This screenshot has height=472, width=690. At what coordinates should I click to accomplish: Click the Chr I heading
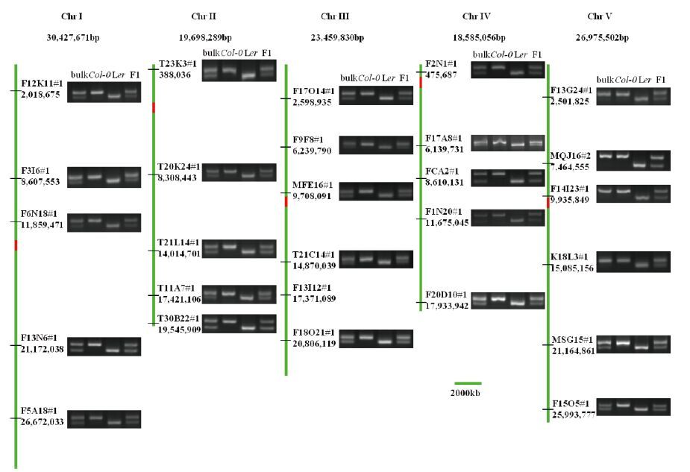[x=72, y=16]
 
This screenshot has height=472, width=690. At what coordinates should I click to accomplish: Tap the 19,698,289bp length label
[x=205, y=37]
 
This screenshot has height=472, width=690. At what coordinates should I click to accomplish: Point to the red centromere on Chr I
[x=16, y=245]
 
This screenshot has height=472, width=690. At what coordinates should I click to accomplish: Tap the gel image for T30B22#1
[x=239, y=324]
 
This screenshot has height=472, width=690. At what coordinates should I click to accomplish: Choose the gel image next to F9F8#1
[x=376, y=145]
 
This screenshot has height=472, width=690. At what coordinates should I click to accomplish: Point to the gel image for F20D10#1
[x=508, y=300]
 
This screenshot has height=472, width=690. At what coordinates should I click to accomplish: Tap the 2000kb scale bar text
[x=466, y=393]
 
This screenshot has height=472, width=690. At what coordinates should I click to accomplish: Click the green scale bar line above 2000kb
[x=468, y=383]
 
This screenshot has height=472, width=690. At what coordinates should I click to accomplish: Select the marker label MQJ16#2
[x=570, y=155]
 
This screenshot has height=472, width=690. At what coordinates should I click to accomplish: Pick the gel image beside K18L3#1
[x=633, y=262]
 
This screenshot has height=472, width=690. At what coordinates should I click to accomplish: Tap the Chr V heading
[x=600, y=16]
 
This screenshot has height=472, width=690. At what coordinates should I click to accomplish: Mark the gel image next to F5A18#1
[x=104, y=418]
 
